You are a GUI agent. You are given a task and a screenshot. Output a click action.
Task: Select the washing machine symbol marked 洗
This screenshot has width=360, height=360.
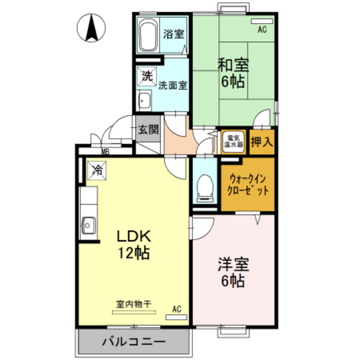click(x=147, y=75)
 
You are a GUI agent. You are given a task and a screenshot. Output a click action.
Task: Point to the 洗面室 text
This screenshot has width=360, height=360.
click(x=172, y=85)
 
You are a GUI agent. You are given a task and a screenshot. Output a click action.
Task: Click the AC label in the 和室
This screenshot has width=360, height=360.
click(x=262, y=30)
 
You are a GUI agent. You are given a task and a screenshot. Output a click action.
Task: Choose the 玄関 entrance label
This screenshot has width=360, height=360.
click(x=148, y=129)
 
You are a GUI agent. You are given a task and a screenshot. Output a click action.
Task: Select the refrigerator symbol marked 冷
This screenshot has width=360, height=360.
click(x=98, y=170)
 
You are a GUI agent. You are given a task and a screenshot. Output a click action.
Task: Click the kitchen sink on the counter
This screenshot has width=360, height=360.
click(x=88, y=225)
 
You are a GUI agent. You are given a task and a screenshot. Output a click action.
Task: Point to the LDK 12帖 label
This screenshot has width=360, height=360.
click(x=133, y=244)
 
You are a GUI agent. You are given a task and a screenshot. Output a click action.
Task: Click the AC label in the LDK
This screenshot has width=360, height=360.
click(x=176, y=310)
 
